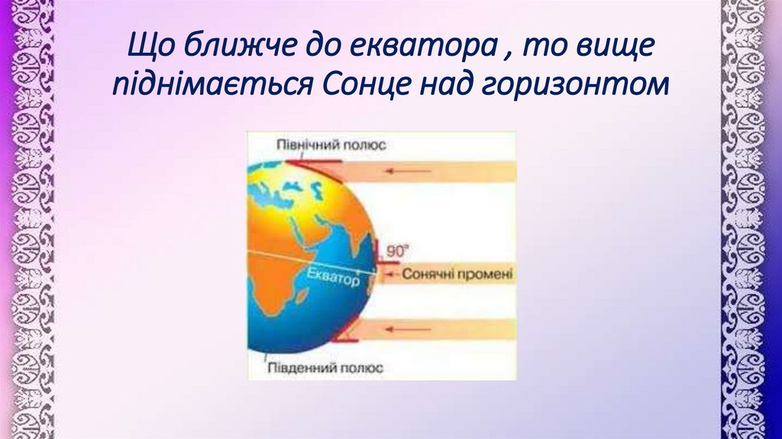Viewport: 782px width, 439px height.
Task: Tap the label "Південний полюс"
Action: point(325,367)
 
